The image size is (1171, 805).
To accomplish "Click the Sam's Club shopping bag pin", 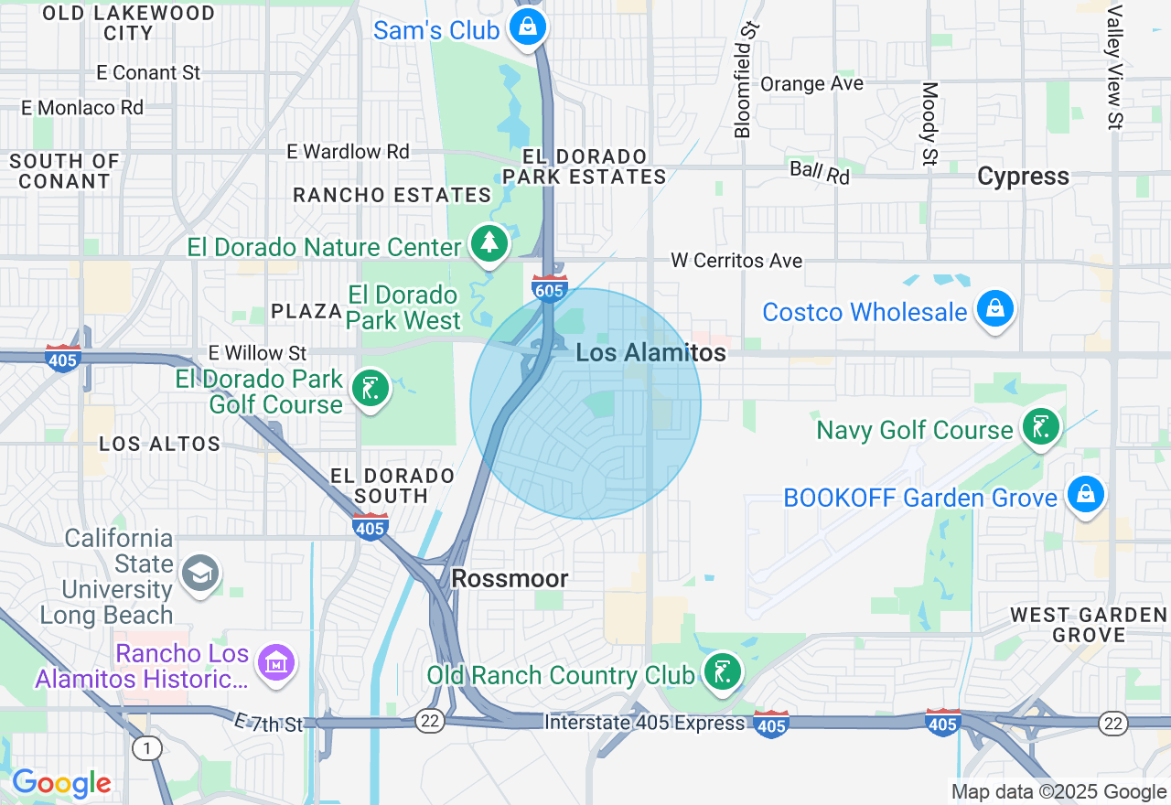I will [528, 27].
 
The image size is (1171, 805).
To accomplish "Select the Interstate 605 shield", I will [549, 288].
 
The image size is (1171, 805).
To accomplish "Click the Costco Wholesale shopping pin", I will [994, 309].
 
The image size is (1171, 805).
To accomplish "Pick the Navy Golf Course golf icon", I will [1040, 427].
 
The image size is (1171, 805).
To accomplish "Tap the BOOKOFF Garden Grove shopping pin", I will [1085, 495].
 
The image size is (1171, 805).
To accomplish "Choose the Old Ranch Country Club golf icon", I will [722, 672].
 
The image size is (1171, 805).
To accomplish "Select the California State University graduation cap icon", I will [199, 574].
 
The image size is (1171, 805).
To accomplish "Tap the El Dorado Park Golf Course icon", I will [370, 389].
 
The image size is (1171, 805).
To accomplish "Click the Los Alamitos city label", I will [651, 353].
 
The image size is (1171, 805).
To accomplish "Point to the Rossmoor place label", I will [510, 578].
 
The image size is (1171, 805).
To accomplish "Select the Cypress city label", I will [1023, 177].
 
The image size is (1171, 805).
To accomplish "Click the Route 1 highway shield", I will [146, 748].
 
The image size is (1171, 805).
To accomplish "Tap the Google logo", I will [61, 784].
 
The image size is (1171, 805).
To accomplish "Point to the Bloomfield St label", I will [747, 80].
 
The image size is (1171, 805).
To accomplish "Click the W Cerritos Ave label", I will [736, 261].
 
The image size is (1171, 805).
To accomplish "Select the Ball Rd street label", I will [820, 172].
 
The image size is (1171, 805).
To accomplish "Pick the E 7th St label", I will [268, 724].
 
